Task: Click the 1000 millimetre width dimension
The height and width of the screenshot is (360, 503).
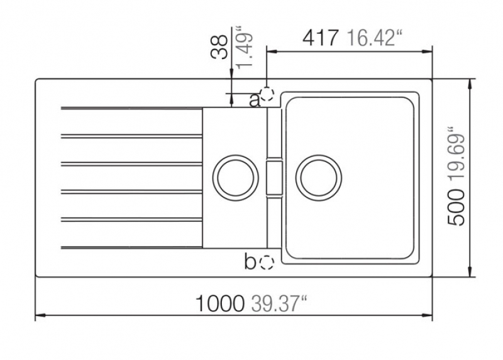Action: [219, 303]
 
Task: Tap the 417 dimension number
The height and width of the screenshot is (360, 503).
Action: [320, 38]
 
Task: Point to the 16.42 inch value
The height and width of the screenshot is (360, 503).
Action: [374, 38]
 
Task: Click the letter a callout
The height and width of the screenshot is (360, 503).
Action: [255, 101]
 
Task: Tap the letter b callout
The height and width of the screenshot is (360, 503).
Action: [250, 261]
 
